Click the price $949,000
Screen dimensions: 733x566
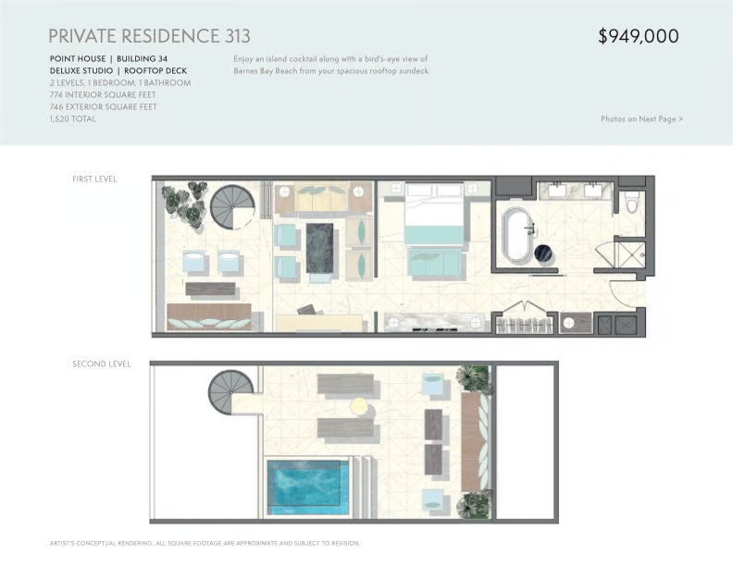click(x=639, y=36)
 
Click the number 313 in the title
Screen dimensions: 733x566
click(x=238, y=36)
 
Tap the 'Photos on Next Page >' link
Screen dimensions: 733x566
click(x=642, y=119)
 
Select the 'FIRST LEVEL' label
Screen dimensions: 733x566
click(x=94, y=178)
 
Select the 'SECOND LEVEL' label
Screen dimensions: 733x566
click(x=102, y=363)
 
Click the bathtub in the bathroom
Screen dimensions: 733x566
click(x=516, y=236)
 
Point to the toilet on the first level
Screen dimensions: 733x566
click(x=632, y=202)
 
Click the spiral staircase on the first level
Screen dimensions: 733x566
click(x=232, y=207)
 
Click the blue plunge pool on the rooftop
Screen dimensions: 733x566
click(x=308, y=487)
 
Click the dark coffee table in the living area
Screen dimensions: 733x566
click(x=319, y=248)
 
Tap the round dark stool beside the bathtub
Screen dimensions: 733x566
click(x=544, y=253)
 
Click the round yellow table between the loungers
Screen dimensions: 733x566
click(x=360, y=406)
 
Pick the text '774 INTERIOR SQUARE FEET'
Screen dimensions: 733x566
click(x=103, y=95)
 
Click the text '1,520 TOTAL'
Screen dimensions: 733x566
click(x=73, y=119)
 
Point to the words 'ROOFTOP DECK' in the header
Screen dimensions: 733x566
click(x=155, y=71)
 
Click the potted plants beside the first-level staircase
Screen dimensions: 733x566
click(x=185, y=204)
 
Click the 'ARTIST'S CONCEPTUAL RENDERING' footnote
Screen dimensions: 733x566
click(x=101, y=543)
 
